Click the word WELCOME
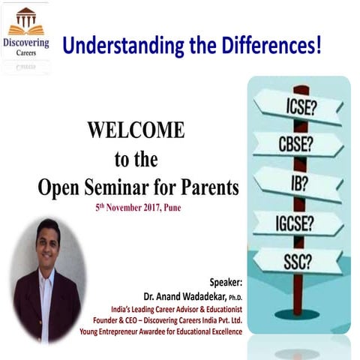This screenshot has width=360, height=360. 136,130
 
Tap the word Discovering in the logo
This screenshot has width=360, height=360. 26,42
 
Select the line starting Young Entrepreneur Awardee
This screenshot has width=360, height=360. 163,331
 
